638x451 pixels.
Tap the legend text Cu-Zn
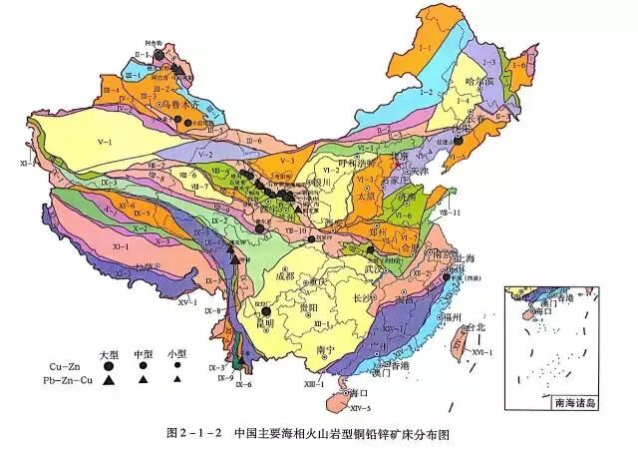(x=65, y=367)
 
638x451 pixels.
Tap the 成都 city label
(x=282, y=263)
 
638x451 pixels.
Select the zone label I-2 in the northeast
(x=436, y=88)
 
